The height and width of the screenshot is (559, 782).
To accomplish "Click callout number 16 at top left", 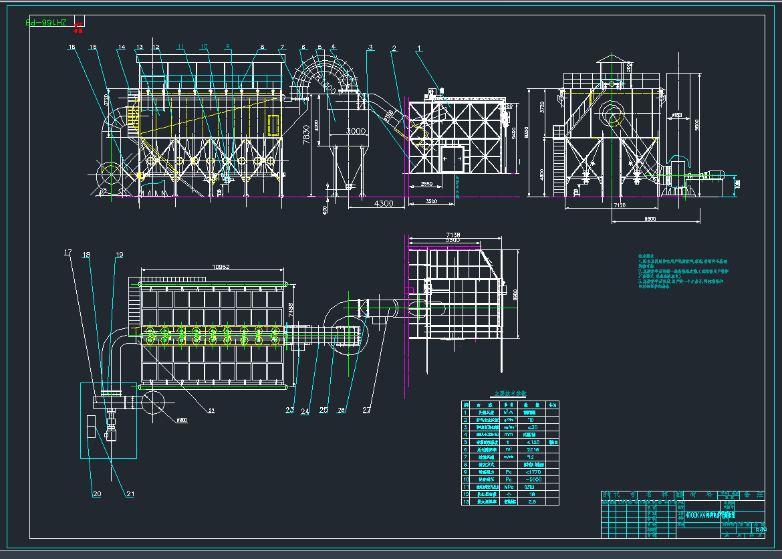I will point(72,47).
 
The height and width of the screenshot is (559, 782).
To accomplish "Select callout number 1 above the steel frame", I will point(419,48).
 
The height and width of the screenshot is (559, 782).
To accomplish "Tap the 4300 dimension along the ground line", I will point(383,203).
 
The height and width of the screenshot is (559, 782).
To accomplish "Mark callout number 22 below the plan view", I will point(211,411).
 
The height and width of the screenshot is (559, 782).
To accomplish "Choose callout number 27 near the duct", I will point(366,411).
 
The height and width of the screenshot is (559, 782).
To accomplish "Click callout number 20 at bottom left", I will point(97,494).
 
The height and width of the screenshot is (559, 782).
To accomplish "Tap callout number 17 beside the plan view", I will point(68,253).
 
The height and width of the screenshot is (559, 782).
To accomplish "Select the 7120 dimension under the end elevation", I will point(619,206).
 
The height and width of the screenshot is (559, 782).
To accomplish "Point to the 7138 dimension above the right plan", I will point(452,234).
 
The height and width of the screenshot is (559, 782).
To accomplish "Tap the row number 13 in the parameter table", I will point(466,501).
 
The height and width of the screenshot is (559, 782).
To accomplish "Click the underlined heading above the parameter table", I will point(510,394).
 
